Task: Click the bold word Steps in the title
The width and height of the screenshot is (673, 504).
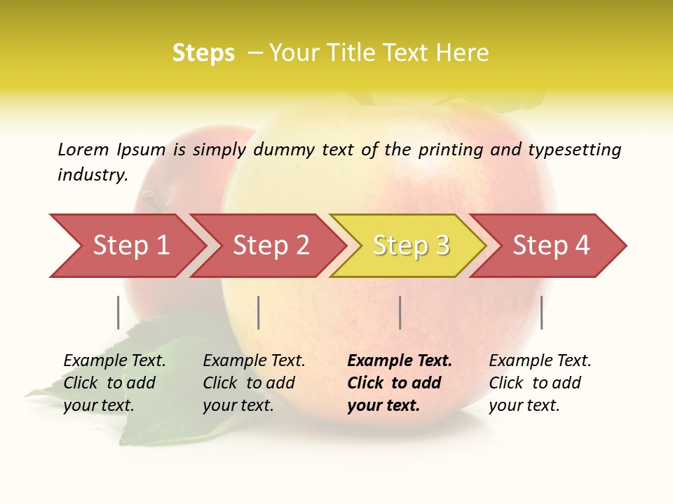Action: pos(203,53)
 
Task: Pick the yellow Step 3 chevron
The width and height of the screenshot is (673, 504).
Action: pos(411,246)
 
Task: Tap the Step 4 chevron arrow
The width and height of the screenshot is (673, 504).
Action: pos(551,246)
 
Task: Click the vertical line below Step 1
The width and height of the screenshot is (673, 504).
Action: pos(118,312)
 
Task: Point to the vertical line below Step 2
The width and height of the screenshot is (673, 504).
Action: pos(259,312)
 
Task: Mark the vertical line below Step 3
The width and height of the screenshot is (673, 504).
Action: pos(400,312)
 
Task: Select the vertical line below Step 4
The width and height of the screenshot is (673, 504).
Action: pos(542,312)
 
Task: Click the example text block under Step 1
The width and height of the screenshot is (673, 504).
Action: pos(114,383)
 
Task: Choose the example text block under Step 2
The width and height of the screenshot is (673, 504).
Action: pos(254,383)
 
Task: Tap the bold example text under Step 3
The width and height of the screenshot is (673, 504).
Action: pos(400,383)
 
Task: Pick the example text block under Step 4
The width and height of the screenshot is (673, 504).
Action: pos(540,383)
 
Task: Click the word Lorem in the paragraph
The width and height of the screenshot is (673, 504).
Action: pos(83,150)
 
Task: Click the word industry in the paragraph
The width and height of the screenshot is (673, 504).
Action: pos(92,175)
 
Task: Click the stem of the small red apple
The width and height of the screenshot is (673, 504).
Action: pos(150,199)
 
